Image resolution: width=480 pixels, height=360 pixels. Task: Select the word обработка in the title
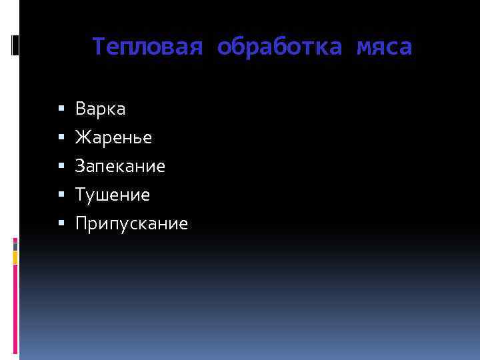[279, 47]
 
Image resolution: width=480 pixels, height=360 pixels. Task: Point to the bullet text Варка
[101, 108]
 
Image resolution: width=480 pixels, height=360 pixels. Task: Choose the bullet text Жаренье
[113, 137]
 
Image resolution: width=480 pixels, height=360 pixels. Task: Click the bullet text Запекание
[120, 166]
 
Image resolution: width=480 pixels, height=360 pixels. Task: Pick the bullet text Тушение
[113, 195]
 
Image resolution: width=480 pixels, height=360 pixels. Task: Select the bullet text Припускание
[132, 224]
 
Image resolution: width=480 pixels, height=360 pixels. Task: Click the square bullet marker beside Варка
[61, 108]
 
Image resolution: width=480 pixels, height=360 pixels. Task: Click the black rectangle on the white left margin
[15, 45]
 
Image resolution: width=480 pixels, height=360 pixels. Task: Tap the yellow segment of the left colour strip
[15, 256]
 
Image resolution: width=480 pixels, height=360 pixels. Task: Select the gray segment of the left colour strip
[15, 244]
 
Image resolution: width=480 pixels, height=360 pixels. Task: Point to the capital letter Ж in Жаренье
[83, 137]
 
